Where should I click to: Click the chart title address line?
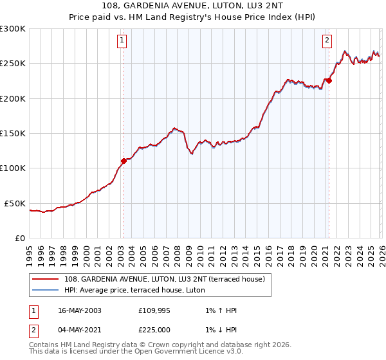coord(193,6)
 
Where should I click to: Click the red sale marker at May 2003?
coord(124,161)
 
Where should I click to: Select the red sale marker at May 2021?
coord(328,80)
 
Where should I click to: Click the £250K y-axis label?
coord(13,63)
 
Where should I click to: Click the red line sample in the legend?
coord(46,279)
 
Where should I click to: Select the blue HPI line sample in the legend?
coord(46,290)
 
